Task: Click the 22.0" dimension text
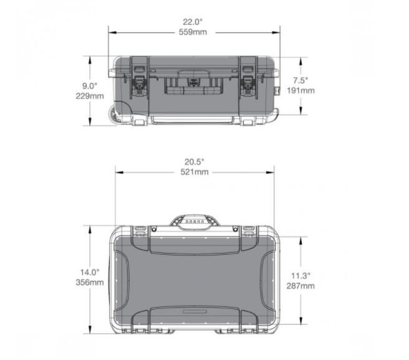coord(193,22)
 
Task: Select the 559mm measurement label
coord(193,32)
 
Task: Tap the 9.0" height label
coord(90,86)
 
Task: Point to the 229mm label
coord(90,96)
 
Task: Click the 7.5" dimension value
coord(301,80)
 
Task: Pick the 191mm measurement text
coord(301,90)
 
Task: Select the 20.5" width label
coord(195,162)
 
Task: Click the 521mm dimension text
coord(195,172)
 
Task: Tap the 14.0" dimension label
coord(90,272)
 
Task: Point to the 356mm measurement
coord(90,282)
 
